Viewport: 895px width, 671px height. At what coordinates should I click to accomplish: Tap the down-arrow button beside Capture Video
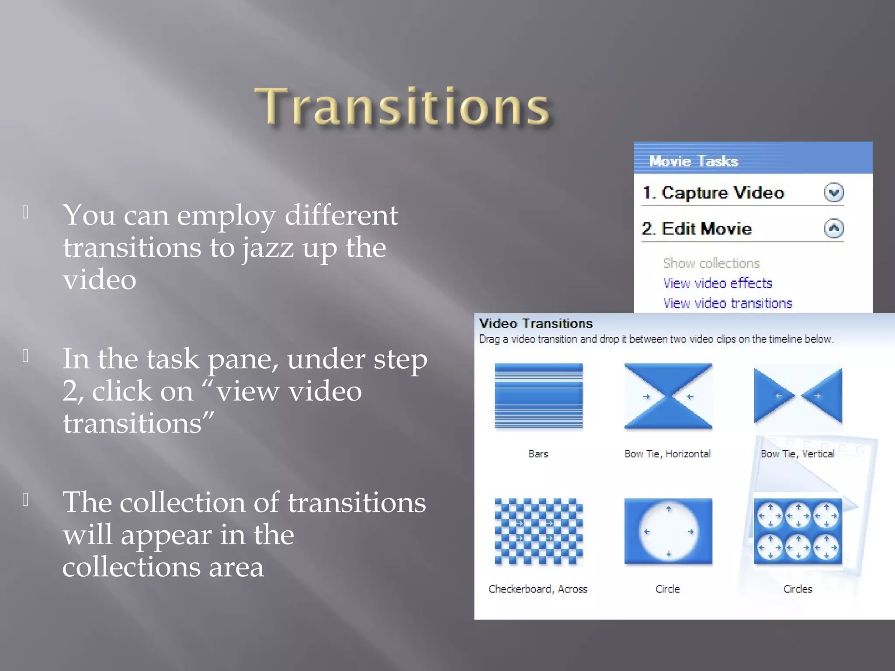[834, 193]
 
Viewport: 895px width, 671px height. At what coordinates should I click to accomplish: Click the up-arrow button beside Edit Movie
[834, 228]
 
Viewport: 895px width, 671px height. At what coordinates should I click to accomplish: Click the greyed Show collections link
[711, 263]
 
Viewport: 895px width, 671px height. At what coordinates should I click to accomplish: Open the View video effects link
[717, 283]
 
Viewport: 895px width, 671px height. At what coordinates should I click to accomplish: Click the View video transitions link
[727, 303]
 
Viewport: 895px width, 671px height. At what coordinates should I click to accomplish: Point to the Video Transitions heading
[535, 323]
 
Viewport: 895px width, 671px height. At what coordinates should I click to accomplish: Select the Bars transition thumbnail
[538, 396]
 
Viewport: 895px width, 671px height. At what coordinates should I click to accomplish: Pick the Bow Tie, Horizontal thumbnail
[668, 396]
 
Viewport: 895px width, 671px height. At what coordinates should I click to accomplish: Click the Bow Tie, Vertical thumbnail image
[798, 396]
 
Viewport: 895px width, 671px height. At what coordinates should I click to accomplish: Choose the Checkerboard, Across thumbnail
[538, 532]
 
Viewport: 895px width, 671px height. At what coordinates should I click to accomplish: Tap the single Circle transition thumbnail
[668, 532]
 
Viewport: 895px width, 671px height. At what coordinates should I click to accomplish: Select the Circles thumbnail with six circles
[798, 532]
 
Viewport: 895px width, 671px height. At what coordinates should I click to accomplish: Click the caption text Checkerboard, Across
[538, 589]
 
